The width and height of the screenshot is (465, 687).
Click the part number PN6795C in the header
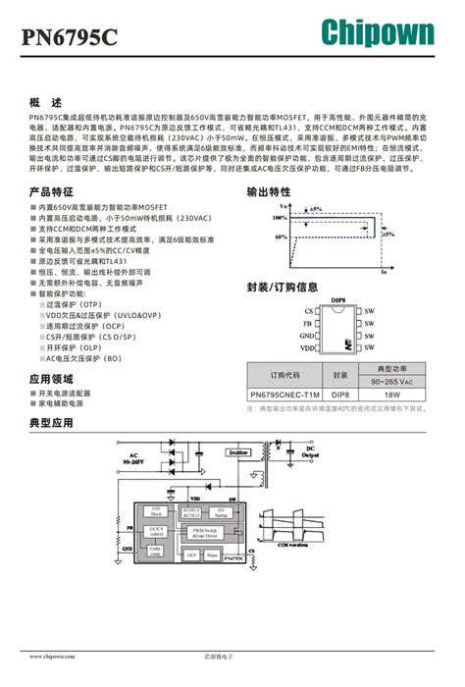pos(70,37)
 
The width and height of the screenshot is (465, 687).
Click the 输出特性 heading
pos(268,191)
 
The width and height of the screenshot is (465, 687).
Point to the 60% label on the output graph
pos(281,237)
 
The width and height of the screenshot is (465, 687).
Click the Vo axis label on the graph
pos(283,207)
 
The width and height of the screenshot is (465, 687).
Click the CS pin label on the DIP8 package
pos(308,310)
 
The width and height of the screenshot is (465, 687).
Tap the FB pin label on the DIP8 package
pos(308,323)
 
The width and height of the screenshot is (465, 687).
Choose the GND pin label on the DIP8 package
pos(306,336)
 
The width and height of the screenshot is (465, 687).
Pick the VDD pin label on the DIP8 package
pos(307,347)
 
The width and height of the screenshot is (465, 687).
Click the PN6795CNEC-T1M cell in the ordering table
pos(284,395)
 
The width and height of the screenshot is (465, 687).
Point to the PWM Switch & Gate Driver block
pos(232,533)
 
